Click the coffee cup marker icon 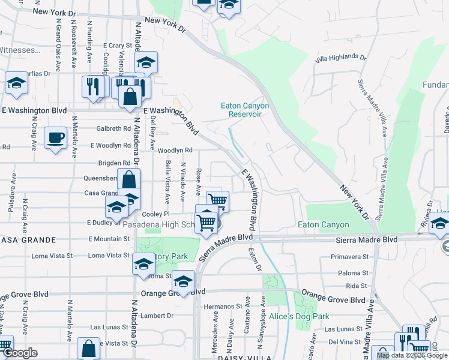click(56, 138)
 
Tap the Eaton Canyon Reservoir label click(245, 110)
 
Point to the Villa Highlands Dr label click(340, 58)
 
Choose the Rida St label click(356, 286)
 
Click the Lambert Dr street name click(157, 315)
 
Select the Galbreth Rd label click(113, 128)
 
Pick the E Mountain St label click(109, 239)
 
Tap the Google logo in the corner click(20, 353)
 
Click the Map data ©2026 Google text click(411, 355)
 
